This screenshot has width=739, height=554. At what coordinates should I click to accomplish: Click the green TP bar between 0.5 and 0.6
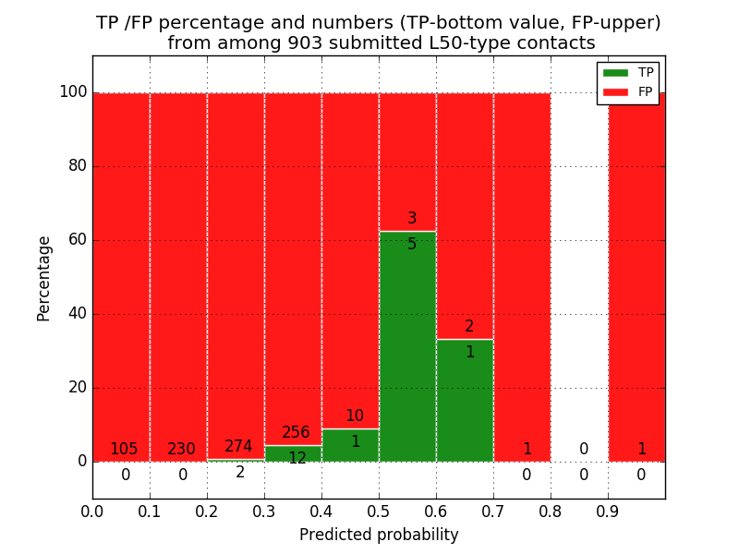[407, 351]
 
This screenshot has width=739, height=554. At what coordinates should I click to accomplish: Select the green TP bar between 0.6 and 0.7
[465, 402]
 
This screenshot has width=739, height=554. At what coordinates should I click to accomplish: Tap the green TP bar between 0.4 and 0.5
[350, 446]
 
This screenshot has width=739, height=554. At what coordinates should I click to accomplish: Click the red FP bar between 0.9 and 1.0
[636, 277]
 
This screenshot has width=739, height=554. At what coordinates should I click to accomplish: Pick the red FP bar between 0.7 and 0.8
[522, 277]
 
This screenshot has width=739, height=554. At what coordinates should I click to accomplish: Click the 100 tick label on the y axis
[73, 92]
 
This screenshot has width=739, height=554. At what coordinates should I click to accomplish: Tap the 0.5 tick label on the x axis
[379, 510]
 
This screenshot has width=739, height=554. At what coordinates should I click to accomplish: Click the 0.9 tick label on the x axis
[608, 510]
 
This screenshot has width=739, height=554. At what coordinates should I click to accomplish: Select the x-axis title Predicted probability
[379, 535]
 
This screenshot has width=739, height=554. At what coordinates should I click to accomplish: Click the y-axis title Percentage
[44, 278]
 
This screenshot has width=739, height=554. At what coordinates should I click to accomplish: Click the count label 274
[238, 447]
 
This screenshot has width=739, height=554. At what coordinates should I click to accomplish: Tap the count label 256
[296, 433]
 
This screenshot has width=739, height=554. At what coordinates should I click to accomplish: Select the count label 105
[124, 450]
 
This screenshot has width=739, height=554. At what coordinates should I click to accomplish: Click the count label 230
[181, 450]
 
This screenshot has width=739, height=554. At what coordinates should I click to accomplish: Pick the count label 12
[297, 459]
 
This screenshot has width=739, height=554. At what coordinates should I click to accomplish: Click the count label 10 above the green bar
[355, 416]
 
